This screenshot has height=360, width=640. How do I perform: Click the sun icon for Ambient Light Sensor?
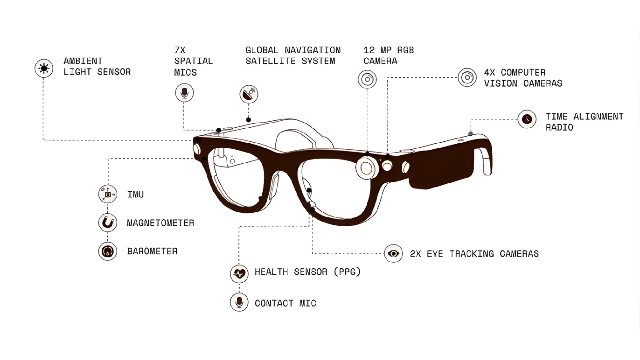click(44, 68)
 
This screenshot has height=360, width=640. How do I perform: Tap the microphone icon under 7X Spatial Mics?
click(184, 93)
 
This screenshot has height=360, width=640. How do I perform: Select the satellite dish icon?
click(249, 94)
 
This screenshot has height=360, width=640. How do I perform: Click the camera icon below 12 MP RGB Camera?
click(367, 79)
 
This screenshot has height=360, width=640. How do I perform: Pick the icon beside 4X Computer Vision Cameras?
click(467, 77)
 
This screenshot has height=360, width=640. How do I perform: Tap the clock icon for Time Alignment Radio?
click(527, 119)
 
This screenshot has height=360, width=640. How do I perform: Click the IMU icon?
click(108, 194)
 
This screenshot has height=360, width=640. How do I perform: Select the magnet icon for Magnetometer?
click(108, 223)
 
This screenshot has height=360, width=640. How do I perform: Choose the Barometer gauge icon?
click(108, 251)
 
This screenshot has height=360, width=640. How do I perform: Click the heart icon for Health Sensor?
click(239, 274)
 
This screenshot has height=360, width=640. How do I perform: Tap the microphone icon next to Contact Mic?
click(239, 302)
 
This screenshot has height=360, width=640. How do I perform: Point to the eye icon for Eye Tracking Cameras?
click(393, 253)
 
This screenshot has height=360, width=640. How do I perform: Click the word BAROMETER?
click(152, 252)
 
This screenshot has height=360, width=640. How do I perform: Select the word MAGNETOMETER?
click(161, 223)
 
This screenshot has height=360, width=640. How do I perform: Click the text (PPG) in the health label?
click(347, 272)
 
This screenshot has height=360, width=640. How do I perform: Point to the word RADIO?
click(559, 127)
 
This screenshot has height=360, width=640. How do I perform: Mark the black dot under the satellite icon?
click(248, 120)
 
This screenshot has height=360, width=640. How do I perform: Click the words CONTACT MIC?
click(285, 303)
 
